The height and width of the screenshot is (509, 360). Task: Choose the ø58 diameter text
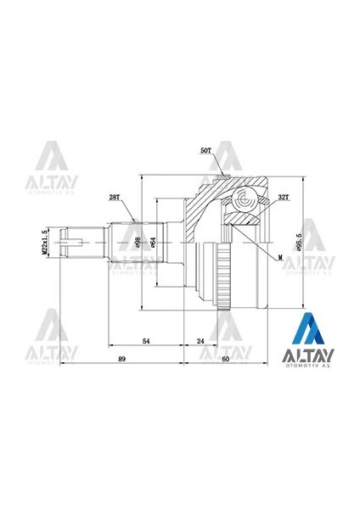coord(138,244)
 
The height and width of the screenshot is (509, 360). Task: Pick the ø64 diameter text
coord(153,244)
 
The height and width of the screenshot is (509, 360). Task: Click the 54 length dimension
coord(146,340)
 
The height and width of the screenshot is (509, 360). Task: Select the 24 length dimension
coord(200,340)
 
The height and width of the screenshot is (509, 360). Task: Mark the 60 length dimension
coord(225,360)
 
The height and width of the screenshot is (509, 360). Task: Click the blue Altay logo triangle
coord(309,330)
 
